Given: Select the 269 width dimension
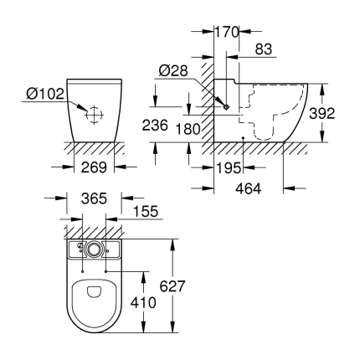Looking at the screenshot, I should [x=95, y=167].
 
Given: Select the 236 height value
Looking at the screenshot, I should [x=165, y=125].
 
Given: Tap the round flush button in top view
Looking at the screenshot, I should [x=95, y=249].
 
